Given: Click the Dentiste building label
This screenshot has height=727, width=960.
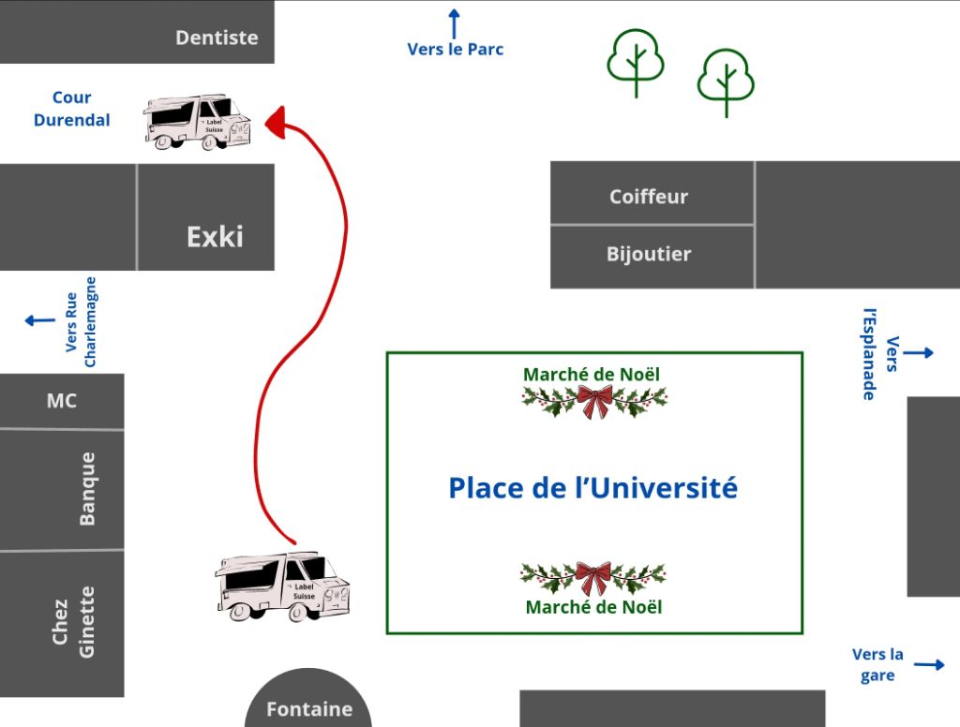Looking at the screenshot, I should click(x=217, y=37).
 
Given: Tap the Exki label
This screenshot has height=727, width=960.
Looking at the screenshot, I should click(x=215, y=236).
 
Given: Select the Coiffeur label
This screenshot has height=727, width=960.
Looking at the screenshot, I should click(x=649, y=197).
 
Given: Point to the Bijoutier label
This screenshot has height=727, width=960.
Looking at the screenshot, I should click(x=649, y=254).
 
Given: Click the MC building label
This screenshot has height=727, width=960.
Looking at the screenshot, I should click(x=62, y=401).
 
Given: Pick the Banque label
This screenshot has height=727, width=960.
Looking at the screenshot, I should click(x=87, y=489).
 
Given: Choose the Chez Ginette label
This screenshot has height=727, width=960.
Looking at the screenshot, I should click(x=73, y=622).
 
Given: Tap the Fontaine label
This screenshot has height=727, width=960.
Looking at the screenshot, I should click(x=309, y=709).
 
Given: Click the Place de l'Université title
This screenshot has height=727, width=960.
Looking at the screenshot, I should click(x=592, y=488).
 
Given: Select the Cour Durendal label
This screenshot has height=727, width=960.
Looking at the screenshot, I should click(x=72, y=109).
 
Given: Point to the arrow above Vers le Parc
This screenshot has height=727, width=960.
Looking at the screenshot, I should click(x=455, y=22).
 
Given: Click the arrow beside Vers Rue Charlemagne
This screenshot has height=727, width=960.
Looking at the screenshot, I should click(x=40, y=320).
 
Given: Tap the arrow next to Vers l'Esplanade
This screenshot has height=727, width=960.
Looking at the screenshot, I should click(x=919, y=352).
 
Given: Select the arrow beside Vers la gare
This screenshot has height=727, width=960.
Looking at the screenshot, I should click(x=929, y=665).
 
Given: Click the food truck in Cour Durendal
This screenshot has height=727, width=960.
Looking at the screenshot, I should click(x=198, y=122).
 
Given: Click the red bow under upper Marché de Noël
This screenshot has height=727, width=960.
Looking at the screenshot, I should click(x=594, y=401).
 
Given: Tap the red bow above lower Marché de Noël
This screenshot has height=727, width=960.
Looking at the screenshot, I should click(x=592, y=577).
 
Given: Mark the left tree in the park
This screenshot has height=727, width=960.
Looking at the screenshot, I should click(x=636, y=60).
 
